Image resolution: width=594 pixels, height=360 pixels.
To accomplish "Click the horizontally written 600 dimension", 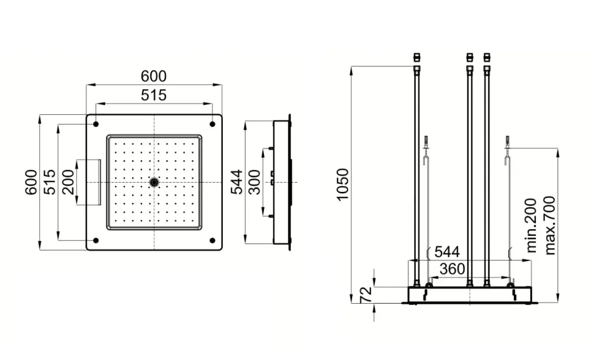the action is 153,76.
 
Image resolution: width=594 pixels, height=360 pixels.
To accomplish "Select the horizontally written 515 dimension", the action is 153,95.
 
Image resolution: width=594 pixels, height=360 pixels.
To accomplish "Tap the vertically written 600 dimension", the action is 31,182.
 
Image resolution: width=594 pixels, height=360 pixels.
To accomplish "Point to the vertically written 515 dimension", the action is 49,182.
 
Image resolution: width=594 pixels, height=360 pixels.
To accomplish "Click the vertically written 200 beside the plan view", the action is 68,182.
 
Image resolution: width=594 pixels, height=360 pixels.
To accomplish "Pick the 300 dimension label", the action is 255,182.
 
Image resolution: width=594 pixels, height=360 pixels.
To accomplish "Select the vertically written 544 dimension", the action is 237,182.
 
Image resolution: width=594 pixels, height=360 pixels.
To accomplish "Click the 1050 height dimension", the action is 342,184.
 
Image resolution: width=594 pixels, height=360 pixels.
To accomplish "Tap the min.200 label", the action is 531,226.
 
